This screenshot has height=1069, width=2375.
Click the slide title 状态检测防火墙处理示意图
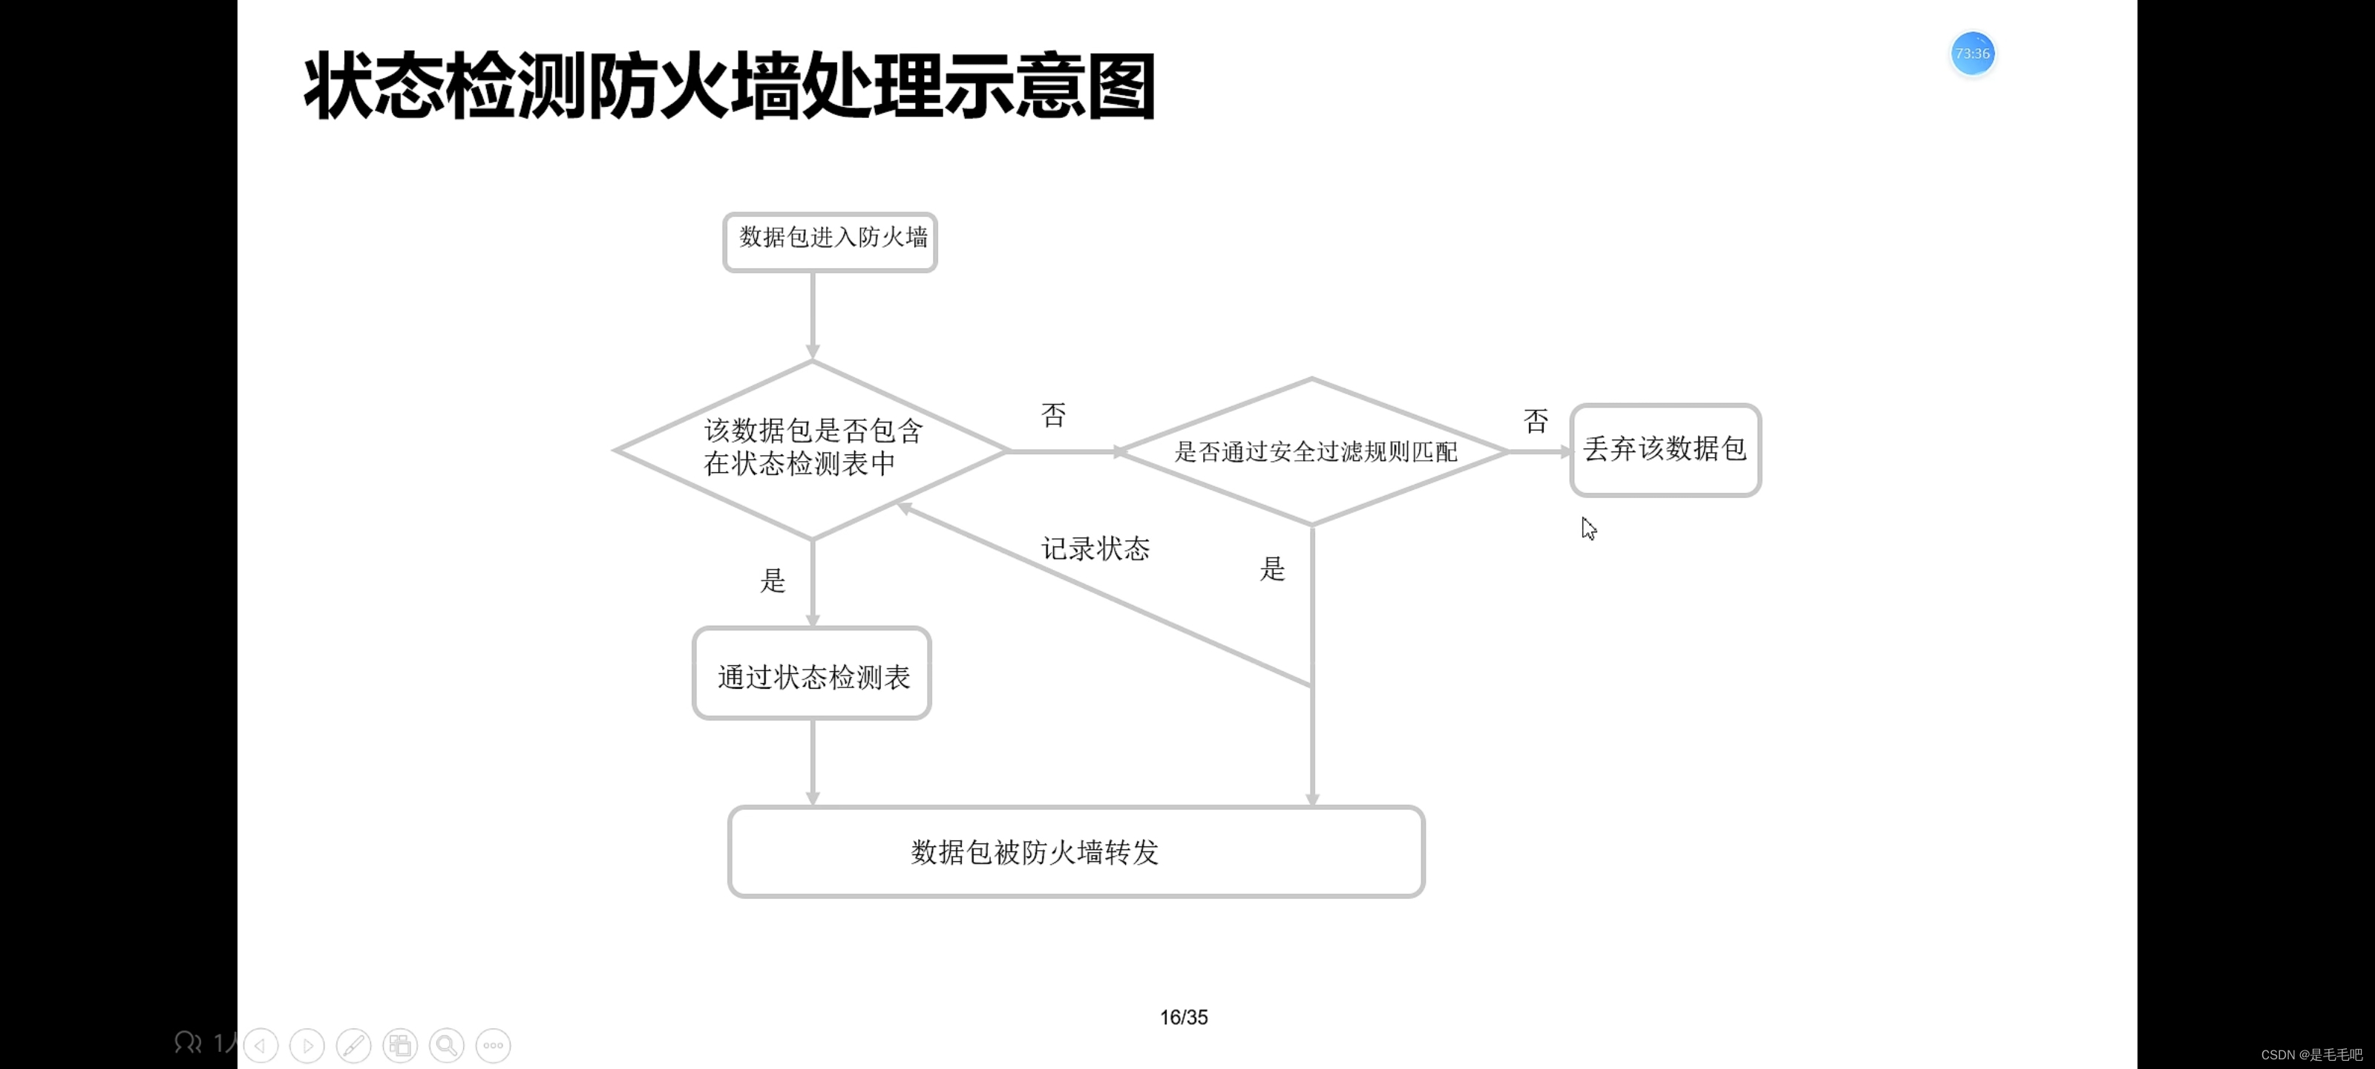coord(728,86)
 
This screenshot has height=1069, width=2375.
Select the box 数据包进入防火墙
coord(830,242)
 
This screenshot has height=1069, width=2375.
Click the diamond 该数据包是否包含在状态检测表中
coord(811,449)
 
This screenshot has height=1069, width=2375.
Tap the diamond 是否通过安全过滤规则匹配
coord(1313,451)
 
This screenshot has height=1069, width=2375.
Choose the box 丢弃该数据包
coord(1665,450)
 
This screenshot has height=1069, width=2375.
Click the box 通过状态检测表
coord(811,674)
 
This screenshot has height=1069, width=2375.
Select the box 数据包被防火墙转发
coord(1076,851)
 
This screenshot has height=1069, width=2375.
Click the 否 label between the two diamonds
coord(1053,415)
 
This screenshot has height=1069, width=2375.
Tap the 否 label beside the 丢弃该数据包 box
coord(1535,422)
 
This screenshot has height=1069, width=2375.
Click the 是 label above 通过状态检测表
coord(773,581)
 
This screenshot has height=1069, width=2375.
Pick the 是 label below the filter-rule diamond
coord(1271,569)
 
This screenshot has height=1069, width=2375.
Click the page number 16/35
coord(1183,1017)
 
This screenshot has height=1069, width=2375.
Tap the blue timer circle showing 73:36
coord(1972,53)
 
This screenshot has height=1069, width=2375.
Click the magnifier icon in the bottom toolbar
coord(446,1045)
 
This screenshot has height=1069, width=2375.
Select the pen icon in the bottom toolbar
coord(353,1045)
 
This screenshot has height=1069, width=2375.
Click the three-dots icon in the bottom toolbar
coord(494,1045)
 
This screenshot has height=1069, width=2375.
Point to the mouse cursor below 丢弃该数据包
coord(1588,529)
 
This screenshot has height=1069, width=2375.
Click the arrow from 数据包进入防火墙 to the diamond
coord(812,313)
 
